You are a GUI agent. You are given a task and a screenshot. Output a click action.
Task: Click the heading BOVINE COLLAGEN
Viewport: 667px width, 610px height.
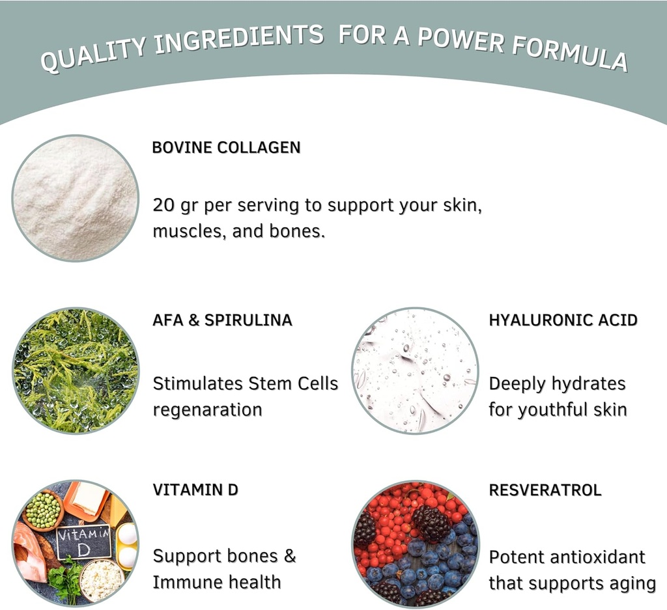pyautogui.click(x=226, y=147)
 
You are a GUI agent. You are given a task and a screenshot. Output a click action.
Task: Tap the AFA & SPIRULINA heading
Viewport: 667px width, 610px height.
pyautogui.click(x=222, y=320)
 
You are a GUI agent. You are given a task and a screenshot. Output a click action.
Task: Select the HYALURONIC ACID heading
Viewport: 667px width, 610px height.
pyautogui.click(x=563, y=320)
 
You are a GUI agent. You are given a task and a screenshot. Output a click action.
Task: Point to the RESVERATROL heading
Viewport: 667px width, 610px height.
pyautogui.click(x=545, y=490)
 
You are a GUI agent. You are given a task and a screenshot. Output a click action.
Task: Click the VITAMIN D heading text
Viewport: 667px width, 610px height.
pyautogui.click(x=195, y=490)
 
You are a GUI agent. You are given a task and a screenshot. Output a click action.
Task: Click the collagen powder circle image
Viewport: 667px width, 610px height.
pyautogui.click(x=76, y=198)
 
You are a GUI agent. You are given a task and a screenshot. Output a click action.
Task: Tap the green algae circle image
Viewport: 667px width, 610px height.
pyautogui.click(x=76, y=370)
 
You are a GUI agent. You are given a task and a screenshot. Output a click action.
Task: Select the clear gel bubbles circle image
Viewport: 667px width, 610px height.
pyautogui.click(x=415, y=370)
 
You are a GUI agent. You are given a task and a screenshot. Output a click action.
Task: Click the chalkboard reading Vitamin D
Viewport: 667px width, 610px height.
pyautogui.click(x=83, y=542)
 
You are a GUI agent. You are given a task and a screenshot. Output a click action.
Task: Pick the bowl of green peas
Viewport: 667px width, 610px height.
pyautogui.click(x=43, y=510)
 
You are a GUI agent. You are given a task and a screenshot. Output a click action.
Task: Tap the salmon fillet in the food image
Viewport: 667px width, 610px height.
pyautogui.click(x=29, y=550)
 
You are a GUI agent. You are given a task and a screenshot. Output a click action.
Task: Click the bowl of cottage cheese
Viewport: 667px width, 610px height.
pyautogui.click(x=101, y=579)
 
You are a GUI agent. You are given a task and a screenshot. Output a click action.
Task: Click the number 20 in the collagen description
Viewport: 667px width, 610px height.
pyautogui.click(x=163, y=206)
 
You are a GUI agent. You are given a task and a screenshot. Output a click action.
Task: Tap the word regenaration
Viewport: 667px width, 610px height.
pyautogui.click(x=207, y=410)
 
